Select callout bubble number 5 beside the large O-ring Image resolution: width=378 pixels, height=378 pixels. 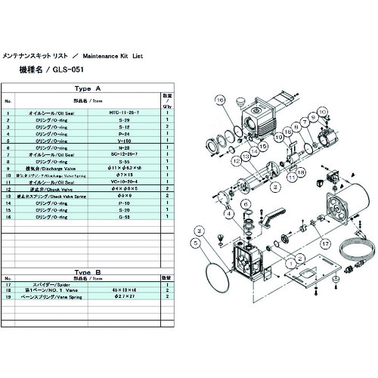pos(195,243)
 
